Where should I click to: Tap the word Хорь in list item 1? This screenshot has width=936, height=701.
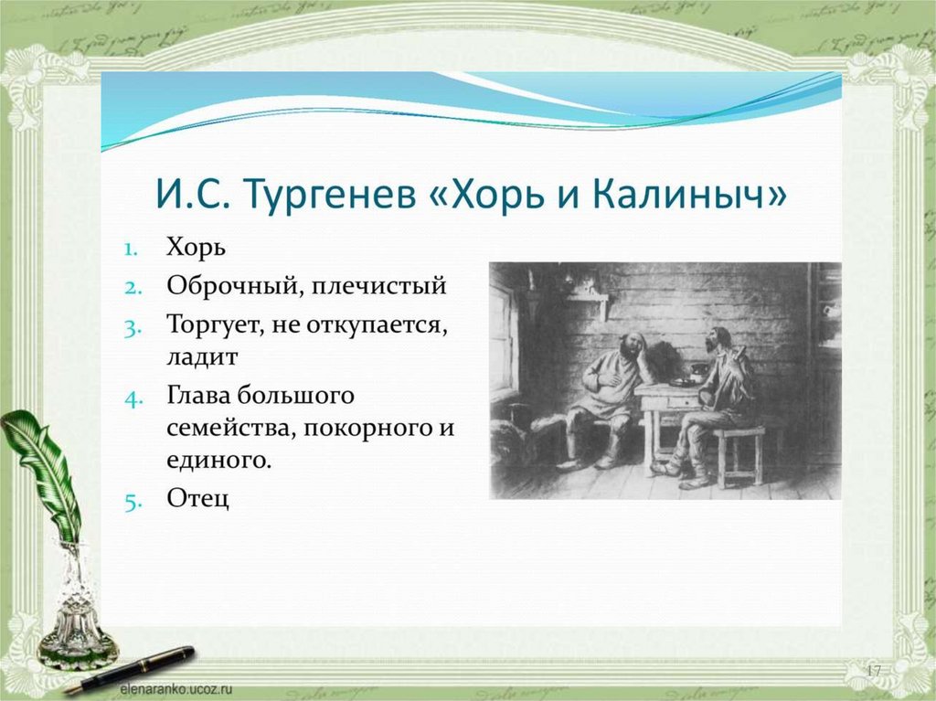pyautogui.click(x=196, y=247)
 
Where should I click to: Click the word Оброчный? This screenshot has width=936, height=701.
pyautogui.click(x=230, y=286)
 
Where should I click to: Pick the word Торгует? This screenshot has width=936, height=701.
pyautogui.click(x=216, y=325)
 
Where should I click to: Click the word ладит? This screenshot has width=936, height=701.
pyautogui.click(x=202, y=356)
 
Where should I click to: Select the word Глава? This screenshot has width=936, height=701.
pyautogui.click(x=197, y=395)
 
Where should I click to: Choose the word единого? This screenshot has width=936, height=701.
pyautogui.click(x=218, y=461)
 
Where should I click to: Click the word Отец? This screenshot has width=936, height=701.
pyautogui.click(x=197, y=499)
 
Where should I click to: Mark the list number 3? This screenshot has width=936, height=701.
pyautogui.click(x=132, y=328)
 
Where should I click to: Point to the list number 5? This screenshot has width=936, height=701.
pyautogui.click(x=133, y=502)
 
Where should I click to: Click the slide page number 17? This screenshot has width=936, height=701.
pyautogui.click(x=873, y=671)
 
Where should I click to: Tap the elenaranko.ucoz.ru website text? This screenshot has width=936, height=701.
pyautogui.click(x=175, y=689)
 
